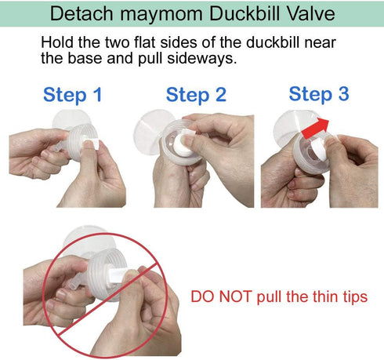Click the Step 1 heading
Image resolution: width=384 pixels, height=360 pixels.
[73, 95]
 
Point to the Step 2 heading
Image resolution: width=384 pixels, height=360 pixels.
[196, 95]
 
